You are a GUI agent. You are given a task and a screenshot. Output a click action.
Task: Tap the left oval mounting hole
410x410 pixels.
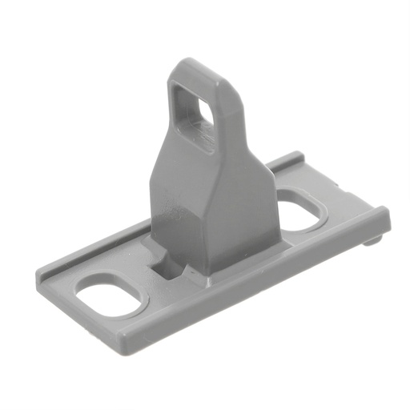tap(113, 297)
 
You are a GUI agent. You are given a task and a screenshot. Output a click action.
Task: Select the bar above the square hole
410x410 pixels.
tap(196, 80)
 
